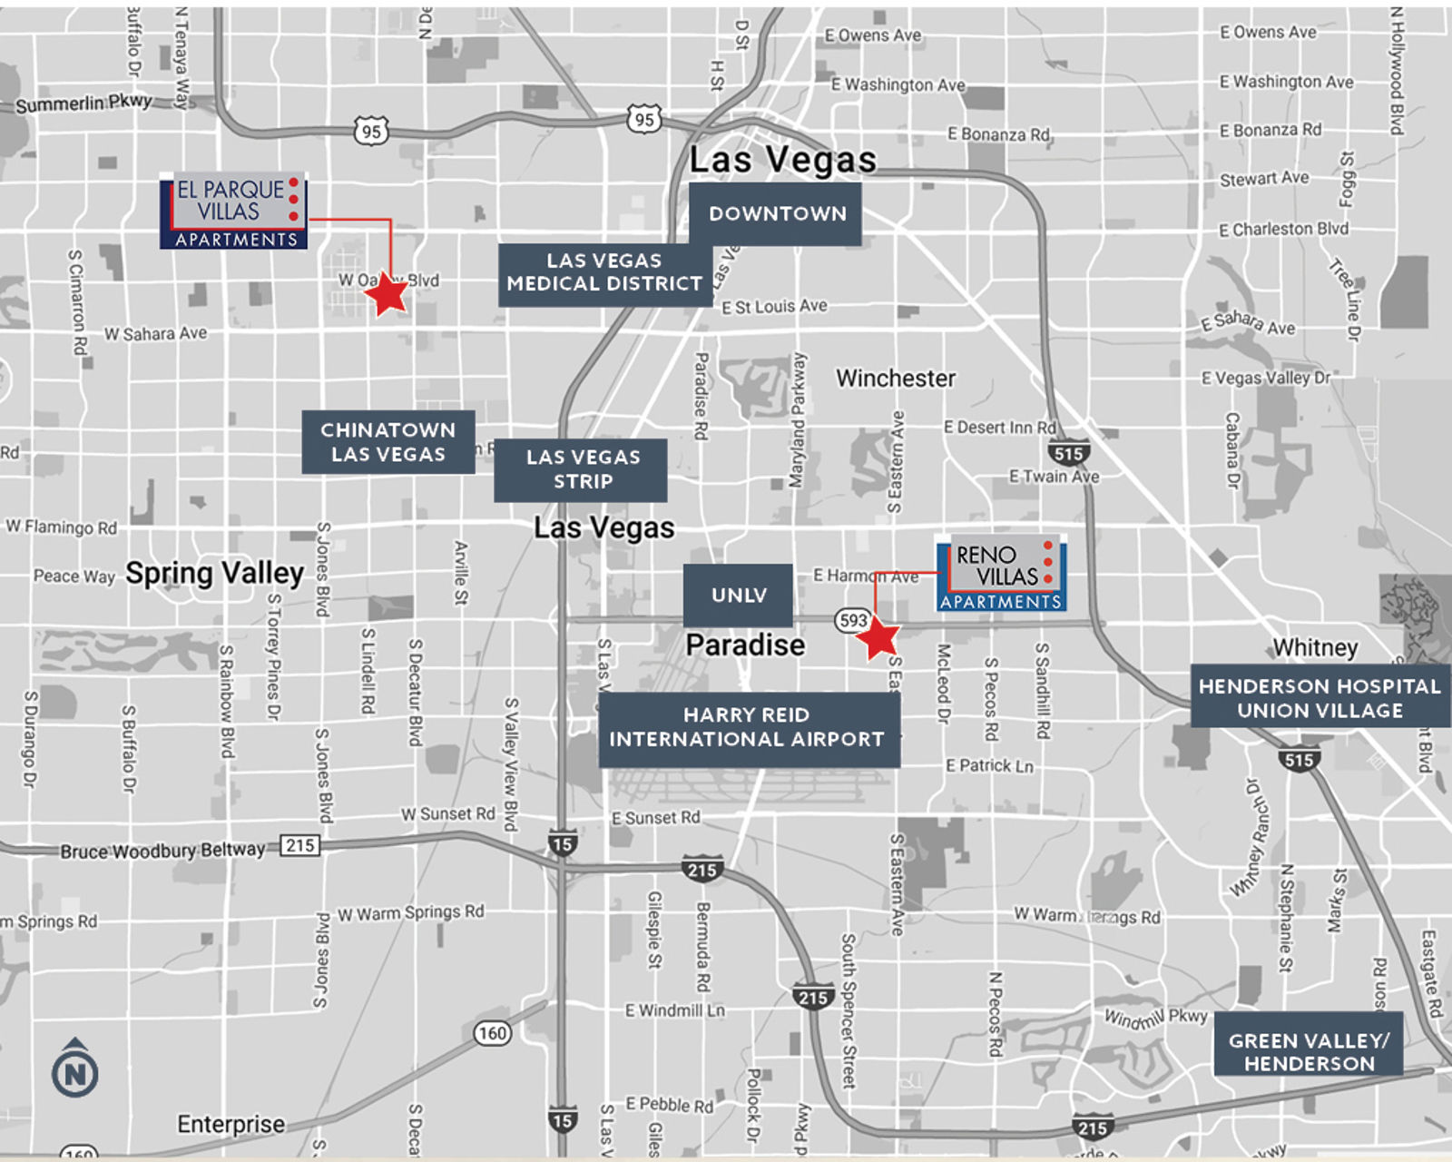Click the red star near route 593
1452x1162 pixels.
(x=878, y=637)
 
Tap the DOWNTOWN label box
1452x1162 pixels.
(x=776, y=214)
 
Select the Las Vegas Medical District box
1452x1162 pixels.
(x=603, y=272)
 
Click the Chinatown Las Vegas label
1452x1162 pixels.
(x=388, y=442)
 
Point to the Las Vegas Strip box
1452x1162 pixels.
(x=581, y=469)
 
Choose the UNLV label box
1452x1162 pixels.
(x=738, y=596)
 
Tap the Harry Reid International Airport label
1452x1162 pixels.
(x=748, y=728)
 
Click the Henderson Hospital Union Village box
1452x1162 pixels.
(x=1320, y=698)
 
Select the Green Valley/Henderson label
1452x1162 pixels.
(x=1308, y=1053)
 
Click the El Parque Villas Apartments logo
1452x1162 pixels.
(x=233, y=212)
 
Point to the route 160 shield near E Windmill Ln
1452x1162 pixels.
(x=492, y=1033)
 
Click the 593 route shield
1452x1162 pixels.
(x=853, y=620)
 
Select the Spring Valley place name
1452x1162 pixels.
(x=214, y=574)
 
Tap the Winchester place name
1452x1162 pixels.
(x=895, y=379)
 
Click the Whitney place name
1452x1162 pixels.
(x=1315, y=647)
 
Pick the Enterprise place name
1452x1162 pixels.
(x=231, y=1125)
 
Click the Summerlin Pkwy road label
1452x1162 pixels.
(x=83, y=103)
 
